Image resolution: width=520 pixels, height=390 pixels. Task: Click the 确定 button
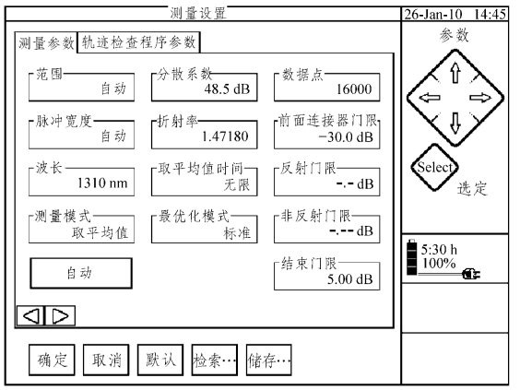(52, 360)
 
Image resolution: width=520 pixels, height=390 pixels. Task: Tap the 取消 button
(106, 360)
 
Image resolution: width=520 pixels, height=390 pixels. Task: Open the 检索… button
(215, 360)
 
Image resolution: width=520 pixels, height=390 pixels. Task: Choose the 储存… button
(269, 360)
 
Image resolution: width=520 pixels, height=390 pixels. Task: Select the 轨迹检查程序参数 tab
(138, 42)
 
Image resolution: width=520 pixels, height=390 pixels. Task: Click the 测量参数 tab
(46, 43)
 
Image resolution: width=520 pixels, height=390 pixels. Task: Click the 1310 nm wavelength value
(102, 183)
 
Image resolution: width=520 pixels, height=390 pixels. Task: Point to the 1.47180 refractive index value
(225, 136)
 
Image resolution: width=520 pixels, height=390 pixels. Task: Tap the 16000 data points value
(354, 89)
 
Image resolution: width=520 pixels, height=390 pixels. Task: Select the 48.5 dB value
(227, 89)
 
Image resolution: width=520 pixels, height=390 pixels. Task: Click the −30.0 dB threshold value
(345, 136)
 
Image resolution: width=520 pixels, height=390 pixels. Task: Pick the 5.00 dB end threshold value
(349, 279)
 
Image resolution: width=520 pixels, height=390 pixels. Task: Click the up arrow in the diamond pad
(455, 73)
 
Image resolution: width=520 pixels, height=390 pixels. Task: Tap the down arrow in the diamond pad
(455, 123)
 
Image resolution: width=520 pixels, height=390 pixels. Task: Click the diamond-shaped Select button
(434, 168)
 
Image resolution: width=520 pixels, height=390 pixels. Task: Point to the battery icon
(412, 257)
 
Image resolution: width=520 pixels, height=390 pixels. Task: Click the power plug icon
(471, 274)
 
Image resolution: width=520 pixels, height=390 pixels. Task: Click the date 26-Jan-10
(433, 14)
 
